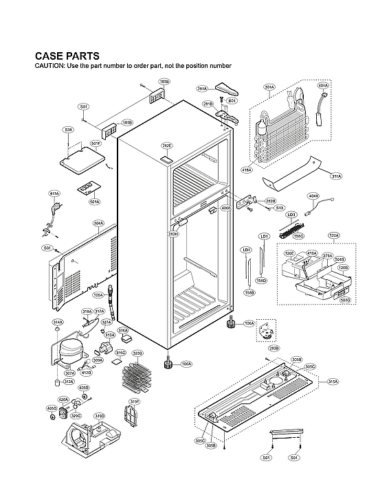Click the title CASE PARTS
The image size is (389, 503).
67,56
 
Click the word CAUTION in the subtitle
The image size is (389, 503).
49,66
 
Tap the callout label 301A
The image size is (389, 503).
269,87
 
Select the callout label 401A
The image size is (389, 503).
323,86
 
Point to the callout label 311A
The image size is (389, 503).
336,176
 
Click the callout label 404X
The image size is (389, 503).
313,196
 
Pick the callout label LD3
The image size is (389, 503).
291,215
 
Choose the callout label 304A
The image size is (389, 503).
98,224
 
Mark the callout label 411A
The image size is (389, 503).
54,194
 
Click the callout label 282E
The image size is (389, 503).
167,146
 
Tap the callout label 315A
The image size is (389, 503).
333,382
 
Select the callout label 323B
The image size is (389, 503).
137,353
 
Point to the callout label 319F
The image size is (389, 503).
135,401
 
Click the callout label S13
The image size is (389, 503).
280,208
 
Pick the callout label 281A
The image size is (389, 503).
202,89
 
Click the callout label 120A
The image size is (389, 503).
334,236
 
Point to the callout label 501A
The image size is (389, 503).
95,202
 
